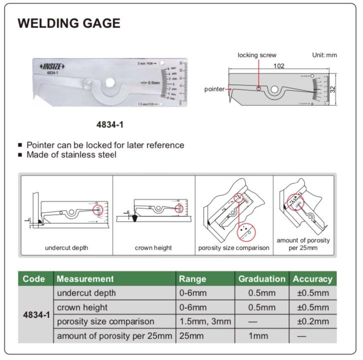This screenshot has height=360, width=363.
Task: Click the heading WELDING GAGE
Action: tap(69, 23)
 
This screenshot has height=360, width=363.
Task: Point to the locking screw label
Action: tap(257, 55)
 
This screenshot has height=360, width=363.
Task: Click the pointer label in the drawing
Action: tap(214, 89)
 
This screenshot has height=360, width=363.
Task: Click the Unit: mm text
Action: tap(324, 55)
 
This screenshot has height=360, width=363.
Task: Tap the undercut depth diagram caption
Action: tap(66, 248)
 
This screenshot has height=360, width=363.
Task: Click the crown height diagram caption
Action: tap(153, 248)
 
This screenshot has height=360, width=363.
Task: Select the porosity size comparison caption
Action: tap(234, 248)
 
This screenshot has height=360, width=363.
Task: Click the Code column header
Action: tap(34, 279)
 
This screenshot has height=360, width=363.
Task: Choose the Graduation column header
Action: tap(262, 279)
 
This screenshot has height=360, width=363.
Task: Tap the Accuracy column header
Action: tap(312, 279)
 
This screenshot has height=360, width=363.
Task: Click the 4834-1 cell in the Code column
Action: tap(36, 315)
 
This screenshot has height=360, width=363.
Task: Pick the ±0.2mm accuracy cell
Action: tap(313, 322)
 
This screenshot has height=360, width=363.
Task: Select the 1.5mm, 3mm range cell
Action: tap(205, 322)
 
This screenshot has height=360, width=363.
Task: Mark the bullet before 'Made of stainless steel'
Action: tap(20, 155)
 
